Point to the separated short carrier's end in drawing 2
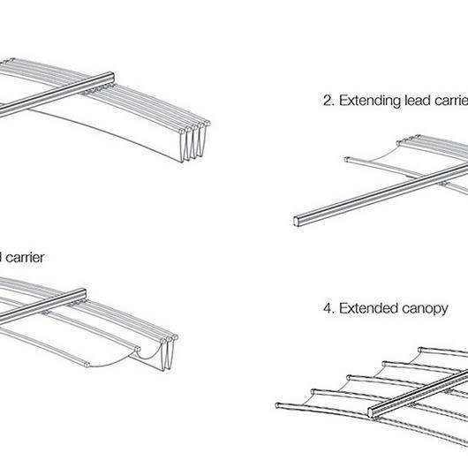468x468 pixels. pos(346,160)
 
